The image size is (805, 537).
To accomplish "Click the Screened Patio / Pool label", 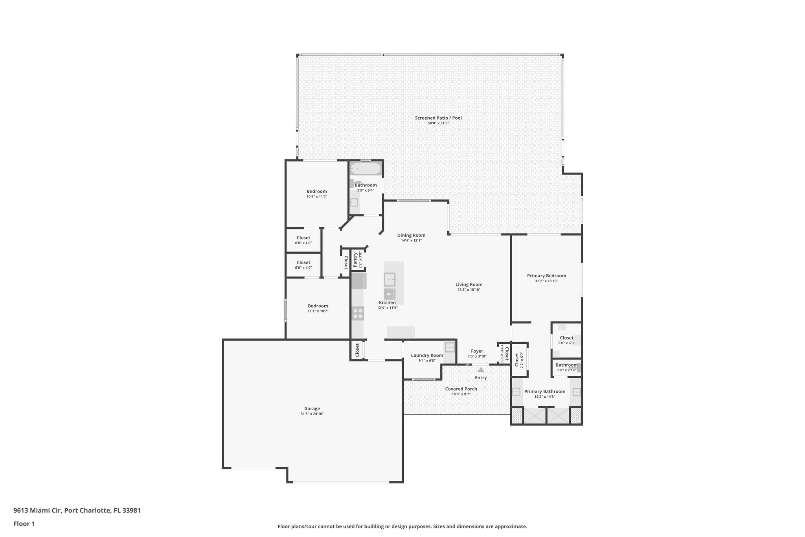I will (x=438, y=118).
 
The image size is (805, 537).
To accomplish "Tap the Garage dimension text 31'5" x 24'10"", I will (x=312, y=414).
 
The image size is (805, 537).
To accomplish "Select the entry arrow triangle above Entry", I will (x=481, y=370).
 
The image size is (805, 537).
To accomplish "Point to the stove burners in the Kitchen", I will (x=358, y=313).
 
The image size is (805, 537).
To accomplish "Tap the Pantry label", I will (x=355, y=260).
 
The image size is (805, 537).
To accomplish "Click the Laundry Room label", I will (x=427, y=355).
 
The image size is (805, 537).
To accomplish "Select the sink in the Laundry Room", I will (x=450, y=347).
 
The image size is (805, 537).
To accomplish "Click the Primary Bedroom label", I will (x=546, y=276).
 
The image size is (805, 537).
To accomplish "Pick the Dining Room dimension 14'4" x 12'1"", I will (x=411, y=240).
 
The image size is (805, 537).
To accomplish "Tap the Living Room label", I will (x=469, y=284).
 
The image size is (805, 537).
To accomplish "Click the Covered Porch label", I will (x=461, y=389).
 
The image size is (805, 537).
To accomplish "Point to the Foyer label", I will (x=477, y=351).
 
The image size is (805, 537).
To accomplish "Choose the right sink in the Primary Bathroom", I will (x=577, y=392).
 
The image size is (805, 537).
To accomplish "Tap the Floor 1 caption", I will (x=24, y=524).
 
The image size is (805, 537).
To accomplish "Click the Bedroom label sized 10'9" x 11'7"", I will (x=317, y=192).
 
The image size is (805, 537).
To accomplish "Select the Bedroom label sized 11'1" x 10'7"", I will (x=318, y=306).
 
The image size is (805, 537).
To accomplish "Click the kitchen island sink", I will (x=390, y=280).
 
